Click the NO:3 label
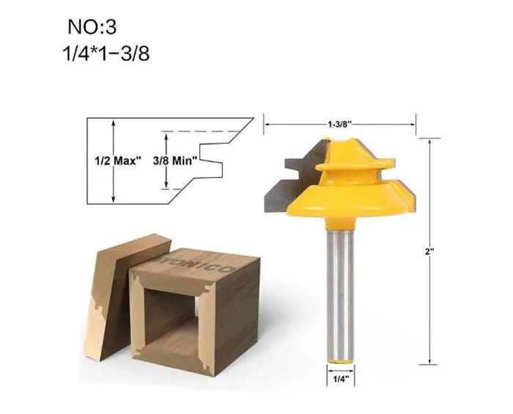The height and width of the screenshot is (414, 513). (92, 27)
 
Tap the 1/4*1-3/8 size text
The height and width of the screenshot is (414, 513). (106, 54)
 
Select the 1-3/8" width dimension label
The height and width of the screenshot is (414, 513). (339, 124)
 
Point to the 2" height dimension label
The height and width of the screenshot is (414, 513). (429, 252)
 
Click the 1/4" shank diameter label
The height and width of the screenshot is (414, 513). (341, 379)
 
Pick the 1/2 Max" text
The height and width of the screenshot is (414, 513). (119, 161)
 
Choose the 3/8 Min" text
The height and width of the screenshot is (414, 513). (175, 161)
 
